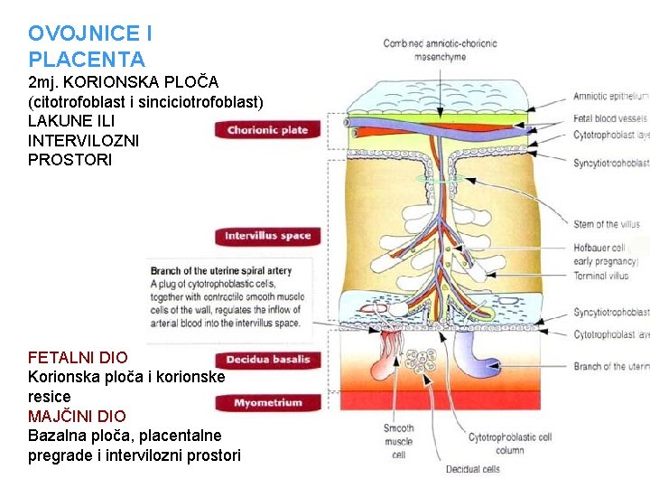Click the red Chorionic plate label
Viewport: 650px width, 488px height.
(x=267, y=130)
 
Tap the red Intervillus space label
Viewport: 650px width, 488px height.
(x=267, y=237)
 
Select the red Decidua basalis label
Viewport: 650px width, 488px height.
(x=267, y=360)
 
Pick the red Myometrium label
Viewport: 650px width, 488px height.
(x=267, y=403)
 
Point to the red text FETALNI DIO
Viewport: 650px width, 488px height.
(x=78, y=358)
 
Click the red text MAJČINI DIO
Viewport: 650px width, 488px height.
(x=77, y=417)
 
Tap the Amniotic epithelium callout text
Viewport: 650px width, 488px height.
(x=610, y=96)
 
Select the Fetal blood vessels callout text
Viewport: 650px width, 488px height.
(x=610, y=118)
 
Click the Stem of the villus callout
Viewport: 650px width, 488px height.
(x=607, y=224)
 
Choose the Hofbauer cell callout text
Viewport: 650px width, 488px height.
(x=599, y=248)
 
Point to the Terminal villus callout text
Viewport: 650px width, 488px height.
(x=602, y=276)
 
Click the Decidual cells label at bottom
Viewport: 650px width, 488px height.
(x=473, y=469)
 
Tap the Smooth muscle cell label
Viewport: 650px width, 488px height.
(x=398, y=441)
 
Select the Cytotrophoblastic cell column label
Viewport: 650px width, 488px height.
(x=509, y=443)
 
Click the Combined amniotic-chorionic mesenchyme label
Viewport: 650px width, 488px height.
(x=440, y=50)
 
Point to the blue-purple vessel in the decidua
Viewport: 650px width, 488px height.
(x=477, y=355)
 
